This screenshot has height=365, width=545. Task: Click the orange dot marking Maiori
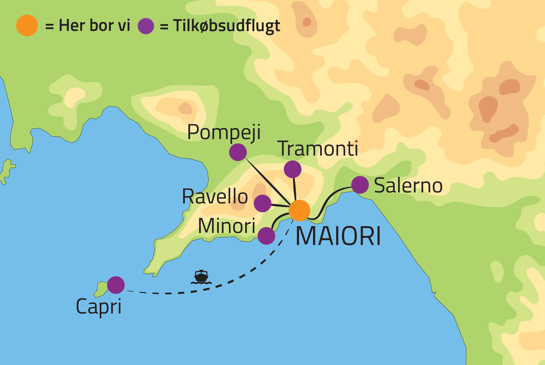(299, 210)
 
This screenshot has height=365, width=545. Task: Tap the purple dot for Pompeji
(238, 152)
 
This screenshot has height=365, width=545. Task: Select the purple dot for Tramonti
(293, 169)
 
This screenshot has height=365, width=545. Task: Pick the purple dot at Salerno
(360, 185)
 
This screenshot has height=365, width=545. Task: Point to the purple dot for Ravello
(262, 203)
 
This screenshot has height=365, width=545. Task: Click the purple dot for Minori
(266, 236)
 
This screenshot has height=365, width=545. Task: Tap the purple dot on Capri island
(116, 285)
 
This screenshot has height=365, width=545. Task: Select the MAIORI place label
(338, 236)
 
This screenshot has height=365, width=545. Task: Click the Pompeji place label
(224, 133)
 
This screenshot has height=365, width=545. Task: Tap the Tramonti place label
(319, 149)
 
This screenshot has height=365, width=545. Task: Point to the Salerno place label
(408, 186)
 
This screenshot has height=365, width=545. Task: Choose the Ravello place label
(215, 196)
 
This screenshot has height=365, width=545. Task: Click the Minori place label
(227, 226)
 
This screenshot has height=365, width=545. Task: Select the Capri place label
(99, 306)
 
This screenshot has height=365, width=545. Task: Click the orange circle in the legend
(27, 25)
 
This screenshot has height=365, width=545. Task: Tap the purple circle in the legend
(146, 26)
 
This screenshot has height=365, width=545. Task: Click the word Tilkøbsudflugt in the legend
(227, 26)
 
